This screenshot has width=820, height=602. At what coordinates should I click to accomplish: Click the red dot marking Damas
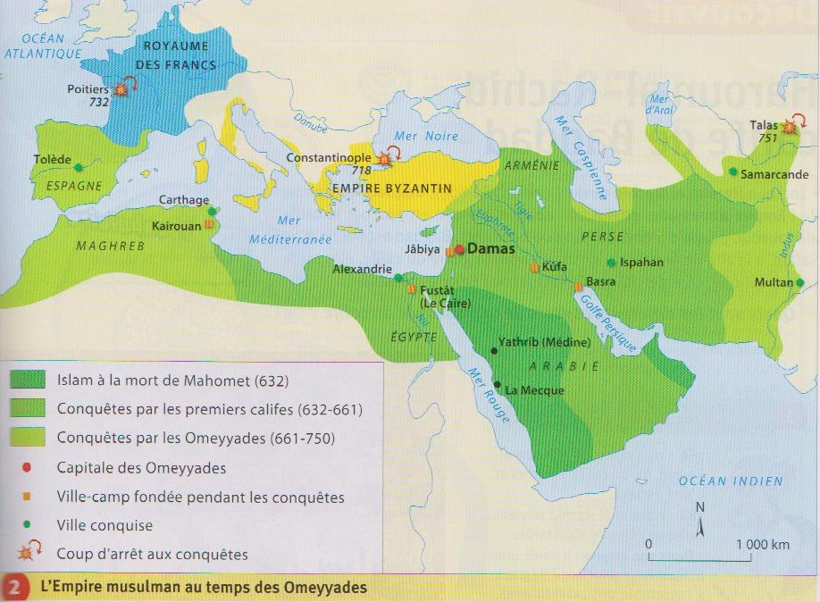coord(459,250)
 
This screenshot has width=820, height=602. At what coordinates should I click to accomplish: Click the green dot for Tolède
coord(79,167)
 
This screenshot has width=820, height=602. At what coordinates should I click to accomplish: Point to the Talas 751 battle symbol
coord(789,128)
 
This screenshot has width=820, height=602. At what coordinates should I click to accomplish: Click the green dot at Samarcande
coord(733,171)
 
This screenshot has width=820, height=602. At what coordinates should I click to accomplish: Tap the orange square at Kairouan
coord(208,225)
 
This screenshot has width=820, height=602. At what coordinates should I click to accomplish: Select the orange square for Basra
coord(579,287)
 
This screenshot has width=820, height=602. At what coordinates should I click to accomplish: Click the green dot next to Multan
coord(800,283)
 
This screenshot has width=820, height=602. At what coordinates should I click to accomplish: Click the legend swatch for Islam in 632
coord(29,380)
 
